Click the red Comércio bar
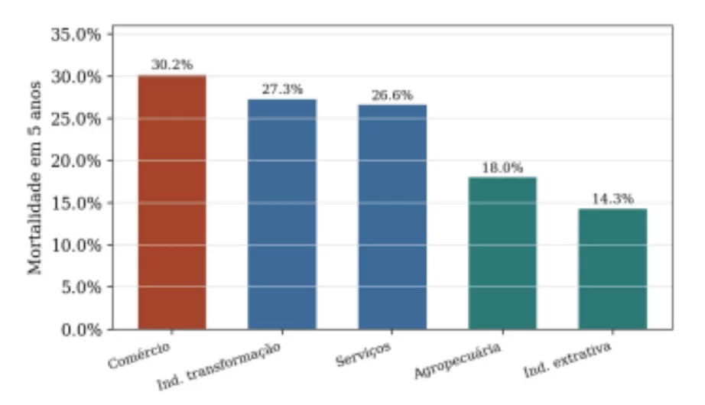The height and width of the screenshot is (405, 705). [172, 202]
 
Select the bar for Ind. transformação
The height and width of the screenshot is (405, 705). [282, 215]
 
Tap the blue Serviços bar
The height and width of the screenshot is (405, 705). [392, 217]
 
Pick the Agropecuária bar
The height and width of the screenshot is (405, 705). [502, 254]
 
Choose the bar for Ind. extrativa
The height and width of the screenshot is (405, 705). [612, 269]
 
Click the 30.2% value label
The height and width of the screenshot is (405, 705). [172, 65]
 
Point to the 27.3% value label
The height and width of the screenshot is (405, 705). [282, 89]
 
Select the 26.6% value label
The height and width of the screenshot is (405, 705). [392, 95]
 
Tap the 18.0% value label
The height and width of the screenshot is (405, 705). [502, 167]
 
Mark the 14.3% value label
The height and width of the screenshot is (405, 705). [612, 199]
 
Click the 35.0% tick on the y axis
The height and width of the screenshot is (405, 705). [76, 34]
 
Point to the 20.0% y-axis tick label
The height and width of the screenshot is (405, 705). [76, 161]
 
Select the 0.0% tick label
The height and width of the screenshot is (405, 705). [81, 330]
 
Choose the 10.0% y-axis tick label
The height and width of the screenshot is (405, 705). [76, 245]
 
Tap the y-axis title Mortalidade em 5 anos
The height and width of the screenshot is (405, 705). [34, 177]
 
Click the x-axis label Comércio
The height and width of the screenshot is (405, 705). [139, 355]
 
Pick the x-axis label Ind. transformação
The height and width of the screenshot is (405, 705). [219, 365]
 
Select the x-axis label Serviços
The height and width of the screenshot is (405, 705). [363, 354]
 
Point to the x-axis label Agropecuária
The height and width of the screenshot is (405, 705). [457, 361]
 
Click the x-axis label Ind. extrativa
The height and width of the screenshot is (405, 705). [567, 359]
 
